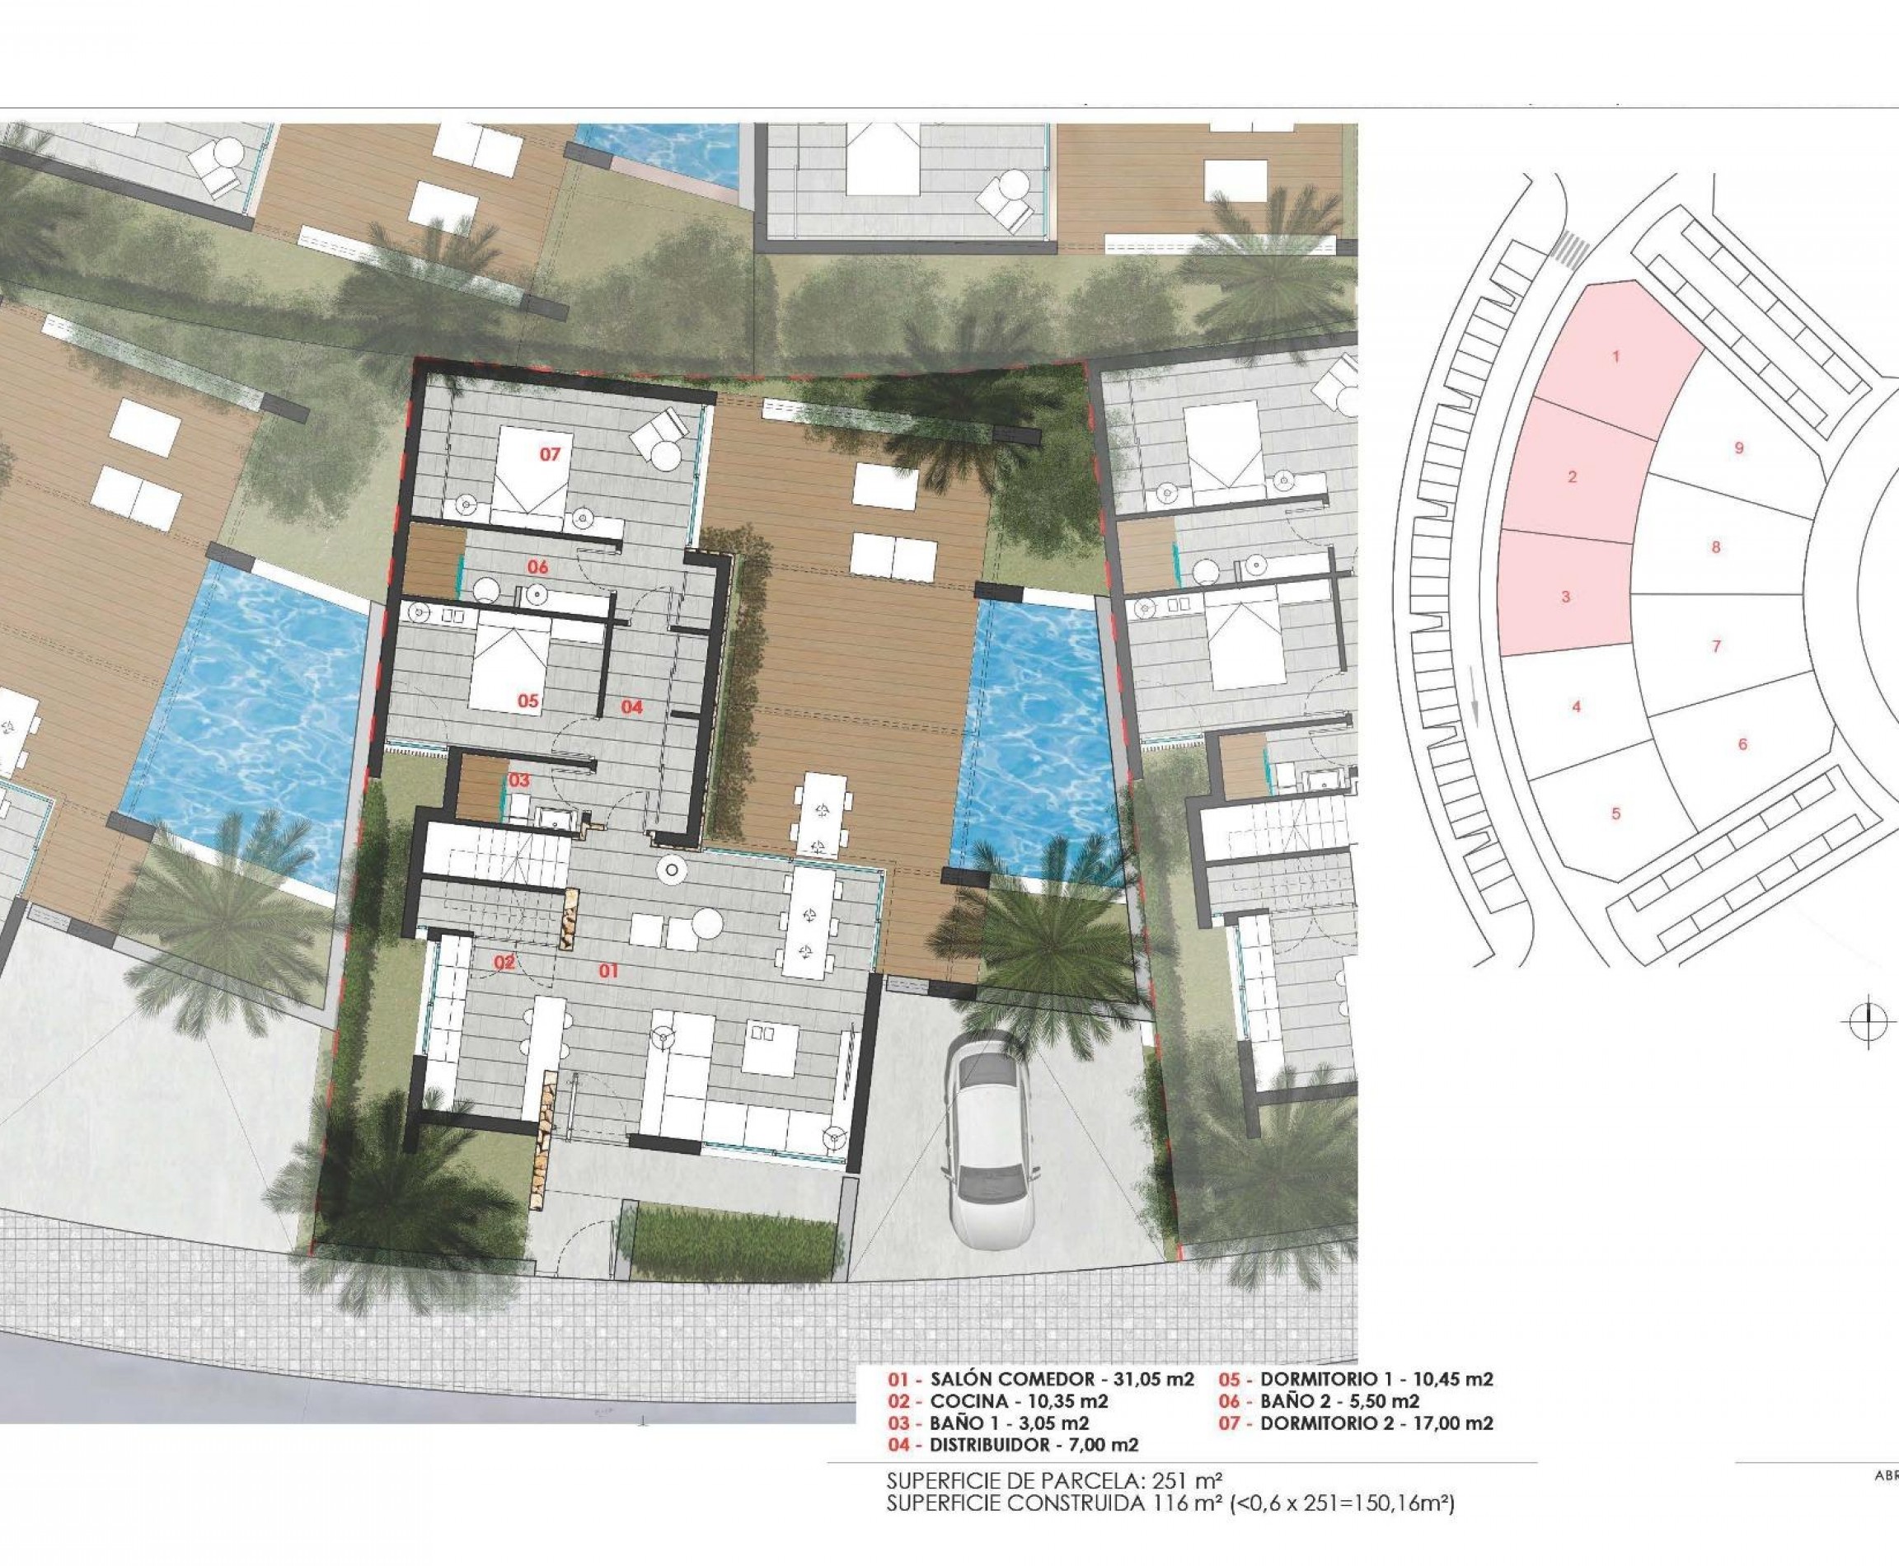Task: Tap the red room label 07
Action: point(551,455)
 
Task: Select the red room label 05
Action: point(527,700)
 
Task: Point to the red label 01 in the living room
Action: point(609,971)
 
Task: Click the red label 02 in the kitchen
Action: point(504,964)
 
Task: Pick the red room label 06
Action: point(537,567)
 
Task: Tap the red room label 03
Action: point(518,781)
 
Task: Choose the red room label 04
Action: point(631,707)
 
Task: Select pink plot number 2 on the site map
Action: point(1573,476)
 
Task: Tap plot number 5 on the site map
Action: point(1615,813)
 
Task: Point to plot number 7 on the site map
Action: point(1716,646)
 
